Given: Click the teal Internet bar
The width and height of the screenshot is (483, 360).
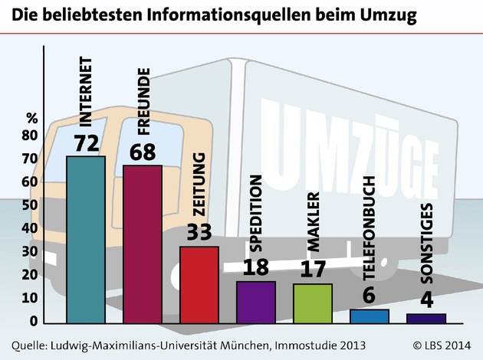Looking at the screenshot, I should click(x=86, y=239).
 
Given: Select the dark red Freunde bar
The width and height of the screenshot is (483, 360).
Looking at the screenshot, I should click(x=143, y=244).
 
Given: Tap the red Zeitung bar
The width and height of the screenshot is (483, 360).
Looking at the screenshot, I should click(x=199, y=283).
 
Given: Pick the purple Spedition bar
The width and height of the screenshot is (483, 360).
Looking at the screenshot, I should click(x=255, y=301).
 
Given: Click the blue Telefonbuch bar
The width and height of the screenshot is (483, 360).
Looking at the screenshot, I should click(x=369, y=316).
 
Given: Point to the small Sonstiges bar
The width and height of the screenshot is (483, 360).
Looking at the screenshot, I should click(x=426, y=318).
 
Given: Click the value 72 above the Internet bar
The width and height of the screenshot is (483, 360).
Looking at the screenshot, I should click(x=86, y=143).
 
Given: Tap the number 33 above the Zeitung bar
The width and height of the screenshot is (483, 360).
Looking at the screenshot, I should click(x=199, y=234).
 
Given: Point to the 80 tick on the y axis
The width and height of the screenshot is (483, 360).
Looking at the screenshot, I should click(x=30, y=136).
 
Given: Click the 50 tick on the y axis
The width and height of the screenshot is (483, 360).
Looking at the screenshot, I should click(x=30, y=205).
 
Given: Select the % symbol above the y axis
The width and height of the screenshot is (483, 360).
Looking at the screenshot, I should click(x=31, y=118).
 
